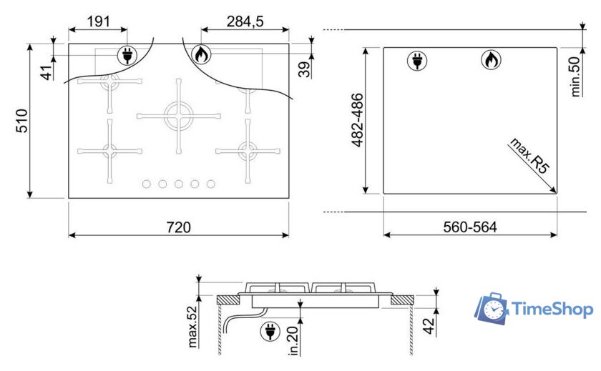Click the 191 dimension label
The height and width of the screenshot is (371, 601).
[x=99, y=21]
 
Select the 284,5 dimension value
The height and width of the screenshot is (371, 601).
[x=245, y=21]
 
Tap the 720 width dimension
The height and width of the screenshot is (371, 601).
[x=179, y=227]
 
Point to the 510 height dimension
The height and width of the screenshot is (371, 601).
[x=22, y=121]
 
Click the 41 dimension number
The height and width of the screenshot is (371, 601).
[x=47, y=73]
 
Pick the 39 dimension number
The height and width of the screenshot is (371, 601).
[x=305, y=69]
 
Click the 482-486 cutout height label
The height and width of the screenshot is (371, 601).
[x=357, y=120]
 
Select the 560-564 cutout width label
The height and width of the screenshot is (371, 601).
[x=470, y=227]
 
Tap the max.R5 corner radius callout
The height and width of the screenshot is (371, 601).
[x=529, y=157]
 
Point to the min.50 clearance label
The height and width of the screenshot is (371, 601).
[x=575, y=76]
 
